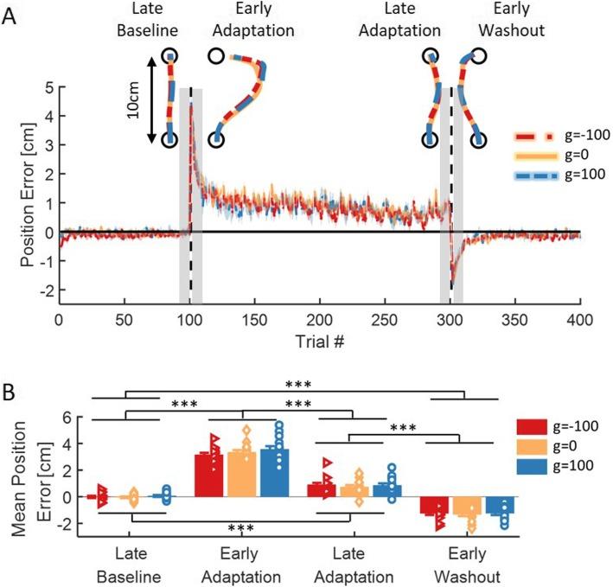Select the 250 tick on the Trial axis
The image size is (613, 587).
click(384, 319)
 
